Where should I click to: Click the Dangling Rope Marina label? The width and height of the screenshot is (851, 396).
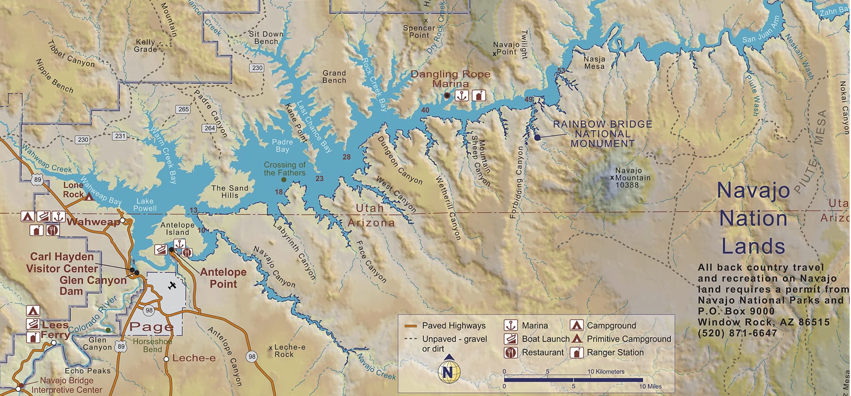click(x=450, y=79)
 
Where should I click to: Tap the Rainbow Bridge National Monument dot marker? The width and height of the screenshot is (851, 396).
click(x=537, y=138)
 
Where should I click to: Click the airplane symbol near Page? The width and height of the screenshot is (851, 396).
click(x=172, y=286)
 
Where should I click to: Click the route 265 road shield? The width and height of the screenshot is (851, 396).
click(x=183, y=109)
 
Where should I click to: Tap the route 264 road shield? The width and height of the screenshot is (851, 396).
click(x=209, y=128)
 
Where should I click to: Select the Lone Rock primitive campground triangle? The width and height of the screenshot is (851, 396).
click(x=89, y=197)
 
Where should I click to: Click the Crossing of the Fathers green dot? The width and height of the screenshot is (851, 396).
click(x=284, y=180)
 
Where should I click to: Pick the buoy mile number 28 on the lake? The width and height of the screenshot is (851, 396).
click(x=347, y=157)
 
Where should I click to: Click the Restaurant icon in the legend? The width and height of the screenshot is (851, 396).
click(x=510, y=353)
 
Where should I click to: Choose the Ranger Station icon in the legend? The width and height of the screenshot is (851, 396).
click(x=576, y=353)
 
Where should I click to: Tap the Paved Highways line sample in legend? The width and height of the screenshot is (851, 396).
click(x=410, y=326)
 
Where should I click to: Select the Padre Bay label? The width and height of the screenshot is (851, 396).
click(x=282, y=146)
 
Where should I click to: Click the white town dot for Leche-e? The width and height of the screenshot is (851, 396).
click(x=166, y=359)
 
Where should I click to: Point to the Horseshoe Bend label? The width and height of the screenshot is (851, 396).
click(x=152, y=345)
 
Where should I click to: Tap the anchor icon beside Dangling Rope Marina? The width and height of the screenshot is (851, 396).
click(x=461, y=96)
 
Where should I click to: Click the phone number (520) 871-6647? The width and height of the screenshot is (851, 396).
click(x=737, y=333)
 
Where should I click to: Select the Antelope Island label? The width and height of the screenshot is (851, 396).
click(x=177, y=229)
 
